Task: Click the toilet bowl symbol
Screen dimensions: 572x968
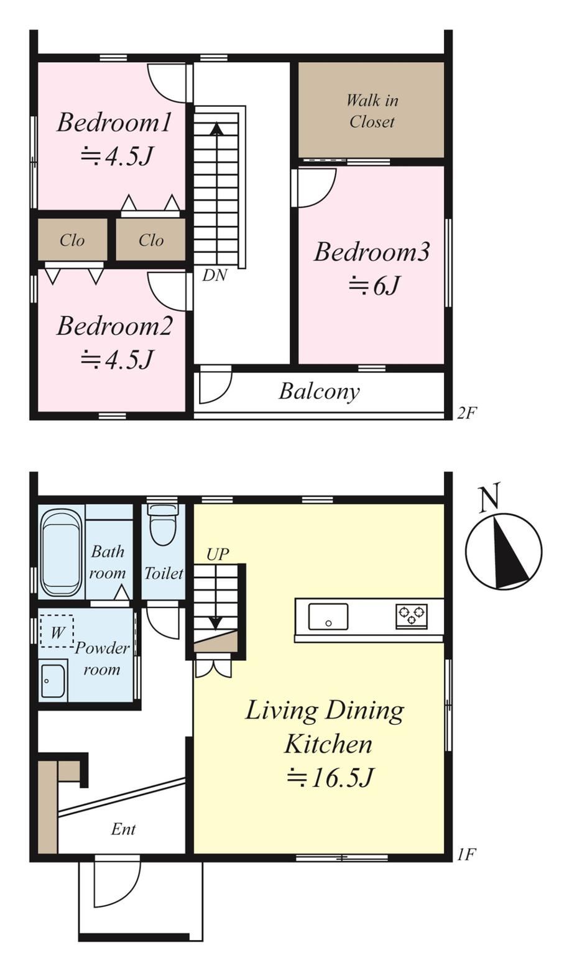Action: (163, 524)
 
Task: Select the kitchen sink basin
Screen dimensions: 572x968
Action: (328, 617)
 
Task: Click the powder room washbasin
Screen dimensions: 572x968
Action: (53, 681)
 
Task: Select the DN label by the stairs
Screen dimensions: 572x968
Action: (214, 275)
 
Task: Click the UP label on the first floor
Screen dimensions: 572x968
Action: (218, 554)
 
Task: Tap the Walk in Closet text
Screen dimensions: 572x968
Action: (372, 111)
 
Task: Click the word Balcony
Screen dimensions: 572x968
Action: (320, 392)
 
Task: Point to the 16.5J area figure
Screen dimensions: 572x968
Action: (331, 778)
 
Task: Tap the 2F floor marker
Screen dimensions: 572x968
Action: (466, 413)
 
